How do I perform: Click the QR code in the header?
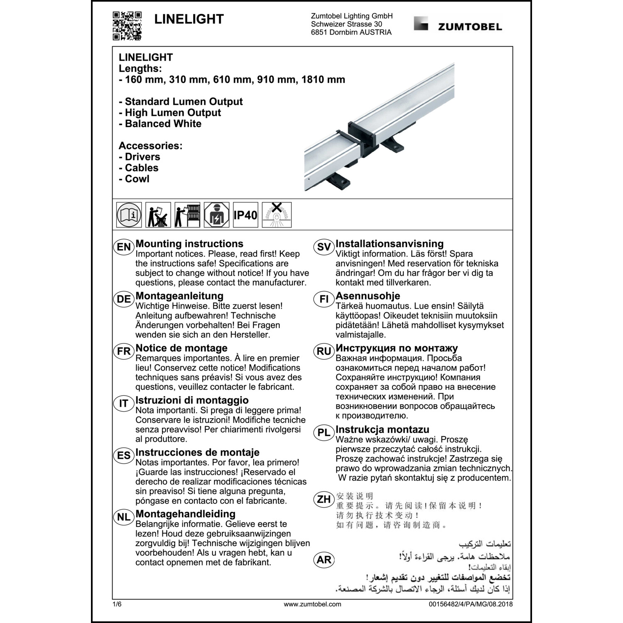(127, 26)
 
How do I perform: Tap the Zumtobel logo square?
(421, 24)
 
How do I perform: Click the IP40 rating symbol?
(245, 215)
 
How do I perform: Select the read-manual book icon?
(129, 215)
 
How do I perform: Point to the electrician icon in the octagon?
(216, 215)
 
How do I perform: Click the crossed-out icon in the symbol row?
(277, 215)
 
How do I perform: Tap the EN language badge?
(124, 247)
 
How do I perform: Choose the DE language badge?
(124, 299)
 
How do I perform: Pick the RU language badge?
(324, 351)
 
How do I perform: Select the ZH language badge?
(324, 499)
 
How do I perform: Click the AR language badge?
(324, 560)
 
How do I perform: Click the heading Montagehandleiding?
(185, 514)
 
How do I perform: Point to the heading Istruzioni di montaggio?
(192, 400)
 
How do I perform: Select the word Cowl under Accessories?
(137, 179)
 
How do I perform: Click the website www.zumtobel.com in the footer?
(312, 604)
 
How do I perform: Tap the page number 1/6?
(117, 604)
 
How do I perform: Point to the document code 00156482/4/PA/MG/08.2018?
(471, 604)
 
